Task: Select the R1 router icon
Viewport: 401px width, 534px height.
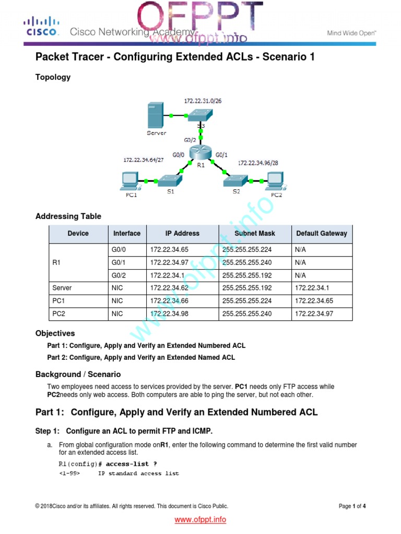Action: (x=198, y=152)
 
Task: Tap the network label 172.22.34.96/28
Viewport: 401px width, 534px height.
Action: (x=258, y=163)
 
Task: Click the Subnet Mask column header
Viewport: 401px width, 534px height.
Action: (x=254, y=233)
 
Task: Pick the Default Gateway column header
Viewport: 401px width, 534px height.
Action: (x=321, y=233)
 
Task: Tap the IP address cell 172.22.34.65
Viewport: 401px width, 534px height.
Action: (x=167, y=250)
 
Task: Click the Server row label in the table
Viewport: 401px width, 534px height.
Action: (x=62, y=287)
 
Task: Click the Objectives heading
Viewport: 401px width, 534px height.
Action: (x=55, y=333)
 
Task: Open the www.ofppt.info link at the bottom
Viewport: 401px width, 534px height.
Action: (x=200, y=519)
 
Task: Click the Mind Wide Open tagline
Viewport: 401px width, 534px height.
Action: (x=351, y=32)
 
